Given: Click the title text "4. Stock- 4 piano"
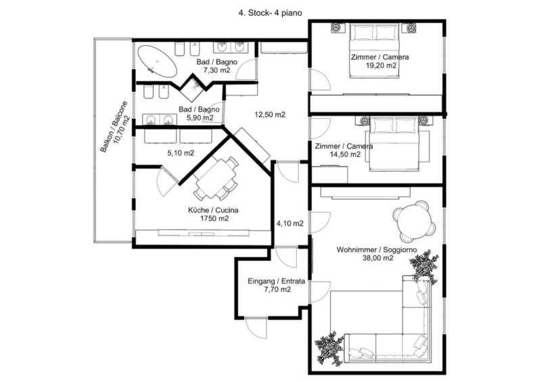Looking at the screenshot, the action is [x=270, y=13].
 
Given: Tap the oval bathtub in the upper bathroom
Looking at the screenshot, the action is [x=157, y=62].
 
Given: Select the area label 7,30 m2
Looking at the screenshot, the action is [x=216, y=70].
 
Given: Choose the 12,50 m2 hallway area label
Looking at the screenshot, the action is [x=270, y=114].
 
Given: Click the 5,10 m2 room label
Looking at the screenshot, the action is [x=181, y=153].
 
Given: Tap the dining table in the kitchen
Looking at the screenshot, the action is [x=216, y=178].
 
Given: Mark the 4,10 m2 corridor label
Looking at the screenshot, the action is [x=290, y=224].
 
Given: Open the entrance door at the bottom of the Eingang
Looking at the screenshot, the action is [x=256, y=327].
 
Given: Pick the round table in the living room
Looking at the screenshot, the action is [x=413, y=220].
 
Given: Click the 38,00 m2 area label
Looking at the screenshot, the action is [x=378, y=258].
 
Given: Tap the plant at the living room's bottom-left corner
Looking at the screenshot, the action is [x=329, y=348].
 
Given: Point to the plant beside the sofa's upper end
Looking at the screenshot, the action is [x=423, y=266].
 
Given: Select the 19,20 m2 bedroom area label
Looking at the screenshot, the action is [x=381, y=66].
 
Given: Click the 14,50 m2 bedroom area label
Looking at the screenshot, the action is [x=345, y=155].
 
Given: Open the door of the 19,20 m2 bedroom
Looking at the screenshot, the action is [x=321, y=80].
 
